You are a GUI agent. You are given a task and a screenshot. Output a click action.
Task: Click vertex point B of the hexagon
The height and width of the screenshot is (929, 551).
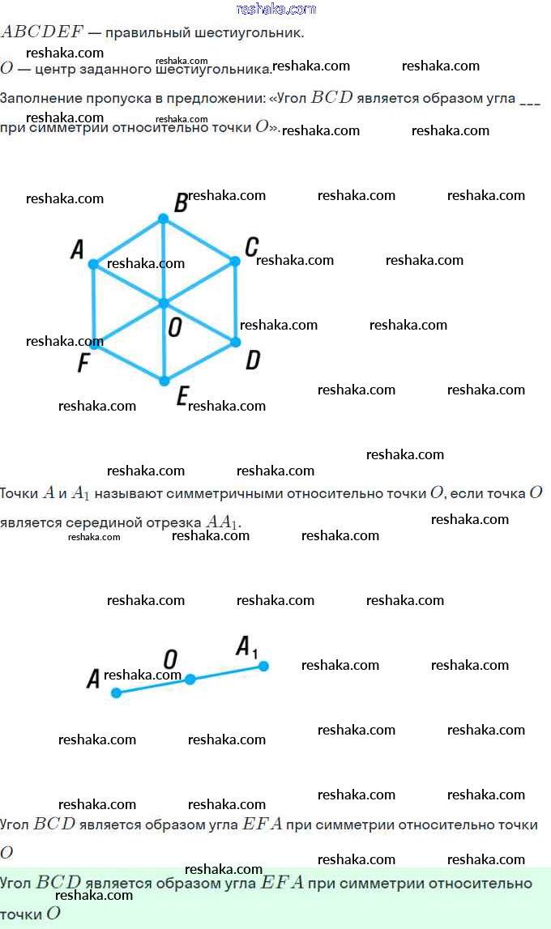(x=163, y=219)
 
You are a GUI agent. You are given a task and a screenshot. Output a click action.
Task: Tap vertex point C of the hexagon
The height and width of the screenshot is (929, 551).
(x=235, y=261)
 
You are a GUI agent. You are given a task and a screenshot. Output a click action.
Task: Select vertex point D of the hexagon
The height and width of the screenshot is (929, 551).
(x=236, y=342)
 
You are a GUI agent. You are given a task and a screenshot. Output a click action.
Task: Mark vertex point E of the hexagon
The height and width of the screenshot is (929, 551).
(x=164, y=381)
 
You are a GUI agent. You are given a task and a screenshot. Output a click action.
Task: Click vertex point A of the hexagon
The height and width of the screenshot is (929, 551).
(x=93, y=264)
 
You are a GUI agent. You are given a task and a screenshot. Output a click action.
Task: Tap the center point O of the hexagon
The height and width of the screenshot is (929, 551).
(x=164, y=304)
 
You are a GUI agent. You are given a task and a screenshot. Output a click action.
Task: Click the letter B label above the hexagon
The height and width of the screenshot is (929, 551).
(x=181, y=203)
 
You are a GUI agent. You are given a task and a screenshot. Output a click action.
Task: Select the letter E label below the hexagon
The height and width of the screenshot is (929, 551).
(x=182, y=396)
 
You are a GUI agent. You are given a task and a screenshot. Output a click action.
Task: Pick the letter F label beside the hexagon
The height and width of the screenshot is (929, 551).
(x=83, y=364)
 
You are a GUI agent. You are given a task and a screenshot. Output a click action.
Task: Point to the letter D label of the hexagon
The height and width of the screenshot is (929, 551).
(x=253, y=360)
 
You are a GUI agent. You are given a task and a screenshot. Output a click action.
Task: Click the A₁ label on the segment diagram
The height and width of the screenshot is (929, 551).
(x=246, y=647)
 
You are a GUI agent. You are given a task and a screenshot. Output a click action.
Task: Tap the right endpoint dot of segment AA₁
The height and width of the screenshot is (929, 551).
(x=263, y=666)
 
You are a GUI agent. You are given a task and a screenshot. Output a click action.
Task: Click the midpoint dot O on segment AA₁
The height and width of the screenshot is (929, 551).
(x=190, y=680)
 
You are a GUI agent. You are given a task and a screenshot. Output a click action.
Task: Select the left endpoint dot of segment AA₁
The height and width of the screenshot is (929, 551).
(x=116, y=692)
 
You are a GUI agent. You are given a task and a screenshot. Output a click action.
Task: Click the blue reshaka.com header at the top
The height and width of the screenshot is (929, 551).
(x=275, y=9)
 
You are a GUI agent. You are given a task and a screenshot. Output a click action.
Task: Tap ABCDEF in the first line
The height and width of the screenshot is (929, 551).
(x=41, y=32)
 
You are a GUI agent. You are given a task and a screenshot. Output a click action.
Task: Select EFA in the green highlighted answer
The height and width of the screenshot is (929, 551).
(x=281, y=883)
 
